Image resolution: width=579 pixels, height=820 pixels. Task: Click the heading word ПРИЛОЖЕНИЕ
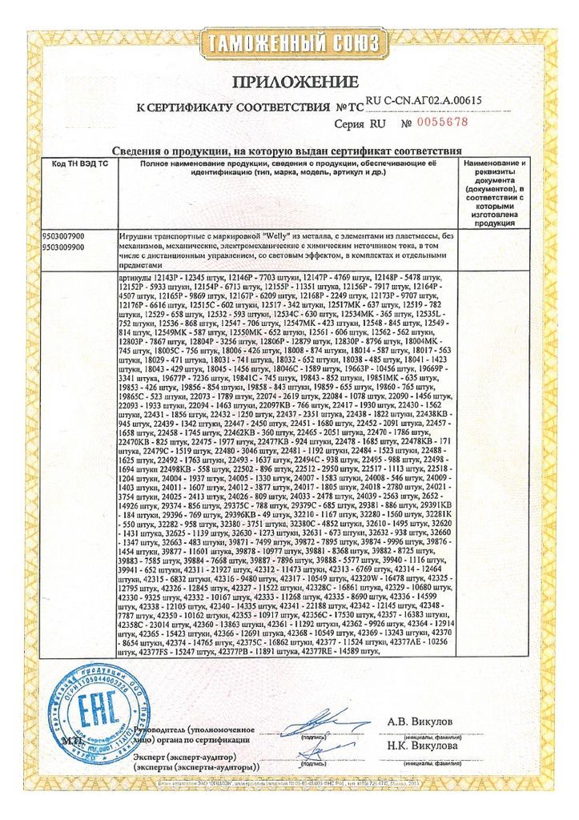[x=290, y=82]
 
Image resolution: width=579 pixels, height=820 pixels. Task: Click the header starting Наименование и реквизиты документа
[x=494, y=192]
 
